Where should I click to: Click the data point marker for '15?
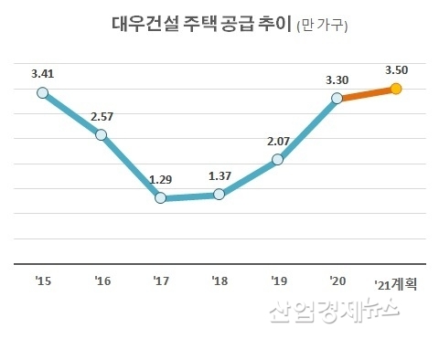[x=42, y=92]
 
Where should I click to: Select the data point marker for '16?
[x=101, y=135]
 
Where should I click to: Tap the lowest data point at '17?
[x=160, y=198]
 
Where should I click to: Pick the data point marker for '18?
[x=219, y=194]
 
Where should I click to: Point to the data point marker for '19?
[x=277, y=160]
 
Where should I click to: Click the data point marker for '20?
[x=337, y=98]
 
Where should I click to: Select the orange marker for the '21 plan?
[x=395, y=89]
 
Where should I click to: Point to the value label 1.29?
[x=161, y=179]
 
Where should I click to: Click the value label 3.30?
[x=337, y=78]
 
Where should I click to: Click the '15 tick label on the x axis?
[x=42, y=281]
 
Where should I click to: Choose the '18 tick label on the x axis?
[x=219, y=281]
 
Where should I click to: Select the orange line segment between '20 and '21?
[x=366, y=93]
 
